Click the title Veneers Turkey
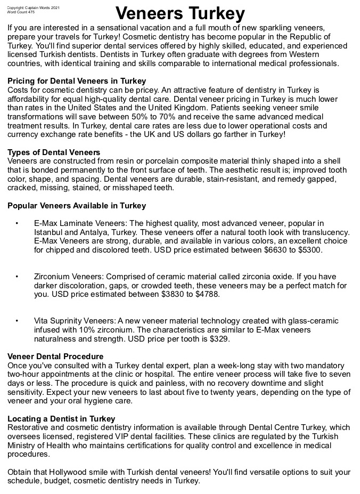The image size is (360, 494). pos(180,13)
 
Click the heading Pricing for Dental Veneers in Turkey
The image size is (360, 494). pos(77,81)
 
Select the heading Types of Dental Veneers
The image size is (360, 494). pos(54,152)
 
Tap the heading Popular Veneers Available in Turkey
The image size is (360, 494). pos(77,205)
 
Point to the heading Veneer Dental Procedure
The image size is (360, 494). pos(55,356)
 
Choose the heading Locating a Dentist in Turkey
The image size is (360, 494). pos(61,418)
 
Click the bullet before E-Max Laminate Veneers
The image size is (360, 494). pos(18,223)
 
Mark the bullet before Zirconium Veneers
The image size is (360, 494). pos(18,277)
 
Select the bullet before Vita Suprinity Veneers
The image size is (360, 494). pos(18,321)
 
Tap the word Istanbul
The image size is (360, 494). pos(49,232)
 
